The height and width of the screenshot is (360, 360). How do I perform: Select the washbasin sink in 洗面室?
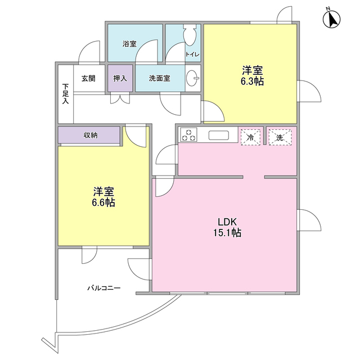click(192, 78)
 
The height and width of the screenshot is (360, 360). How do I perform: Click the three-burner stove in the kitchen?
click(189, 134)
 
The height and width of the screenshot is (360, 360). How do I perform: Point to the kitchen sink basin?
click(219, 135)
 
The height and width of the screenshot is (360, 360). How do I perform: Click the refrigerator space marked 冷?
click(250, 137)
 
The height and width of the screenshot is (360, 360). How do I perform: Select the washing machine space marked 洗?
click(280, 137)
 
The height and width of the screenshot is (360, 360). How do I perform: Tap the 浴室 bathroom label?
click(129, 44)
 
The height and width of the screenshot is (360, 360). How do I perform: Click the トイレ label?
click(192, 55)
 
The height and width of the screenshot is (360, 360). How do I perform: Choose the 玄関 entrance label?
click(88, 79)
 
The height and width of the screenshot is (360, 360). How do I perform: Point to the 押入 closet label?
click(120, 79)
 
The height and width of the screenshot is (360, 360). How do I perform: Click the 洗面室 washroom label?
click(160, 79)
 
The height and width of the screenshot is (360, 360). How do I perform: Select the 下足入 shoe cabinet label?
click(66, 93)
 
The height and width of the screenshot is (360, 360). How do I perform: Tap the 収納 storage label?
click(91, 135)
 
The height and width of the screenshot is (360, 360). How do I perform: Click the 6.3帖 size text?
click(252, 82)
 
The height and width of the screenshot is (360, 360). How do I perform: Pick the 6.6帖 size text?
click(103, 202)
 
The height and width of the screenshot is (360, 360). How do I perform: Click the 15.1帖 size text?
click(227, 233)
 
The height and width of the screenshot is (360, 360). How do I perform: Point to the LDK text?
click(227, 222)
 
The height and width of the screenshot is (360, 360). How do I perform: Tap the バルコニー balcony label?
click(103, 288)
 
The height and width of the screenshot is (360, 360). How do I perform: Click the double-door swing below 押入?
click(120, 98)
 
